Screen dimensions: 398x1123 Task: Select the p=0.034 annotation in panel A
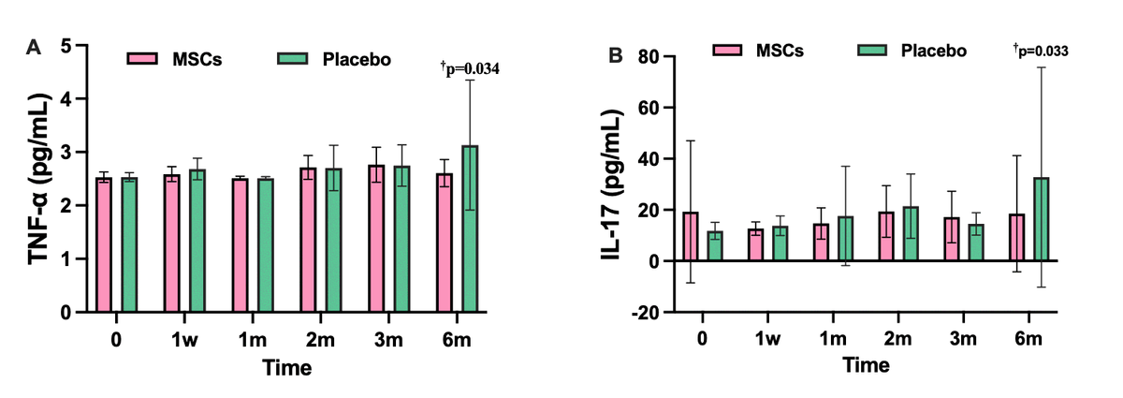470,67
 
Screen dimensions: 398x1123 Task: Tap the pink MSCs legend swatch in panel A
144,59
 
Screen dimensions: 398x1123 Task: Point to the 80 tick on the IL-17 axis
646,57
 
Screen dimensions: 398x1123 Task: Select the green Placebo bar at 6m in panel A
470,228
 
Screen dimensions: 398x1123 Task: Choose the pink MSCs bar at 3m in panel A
375,238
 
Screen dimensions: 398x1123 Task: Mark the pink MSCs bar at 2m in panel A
309,240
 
